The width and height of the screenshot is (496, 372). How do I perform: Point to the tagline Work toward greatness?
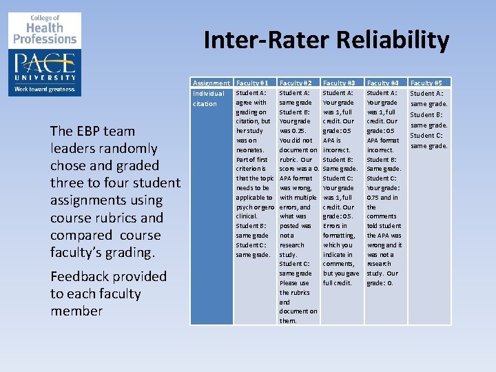[x=46, y=89]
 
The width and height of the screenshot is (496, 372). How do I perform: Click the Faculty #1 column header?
[x=252, y=83]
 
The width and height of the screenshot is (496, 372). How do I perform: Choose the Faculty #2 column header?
[x=296, y=83]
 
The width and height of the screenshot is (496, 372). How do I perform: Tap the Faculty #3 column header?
[x=340, y=83]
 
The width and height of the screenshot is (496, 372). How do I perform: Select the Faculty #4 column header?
[x=384, y=83]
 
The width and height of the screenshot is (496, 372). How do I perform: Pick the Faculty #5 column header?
[x=428, y=83]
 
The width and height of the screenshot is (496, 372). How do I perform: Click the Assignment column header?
[x=211, y=83]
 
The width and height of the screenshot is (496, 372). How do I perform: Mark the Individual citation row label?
[x=209, y=99]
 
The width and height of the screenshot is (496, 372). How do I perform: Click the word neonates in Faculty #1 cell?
[x=250, y=149]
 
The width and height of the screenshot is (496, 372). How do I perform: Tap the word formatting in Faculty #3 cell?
[x=339, y=236]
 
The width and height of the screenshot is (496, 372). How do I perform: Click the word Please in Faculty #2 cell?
[x=289, y=283]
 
